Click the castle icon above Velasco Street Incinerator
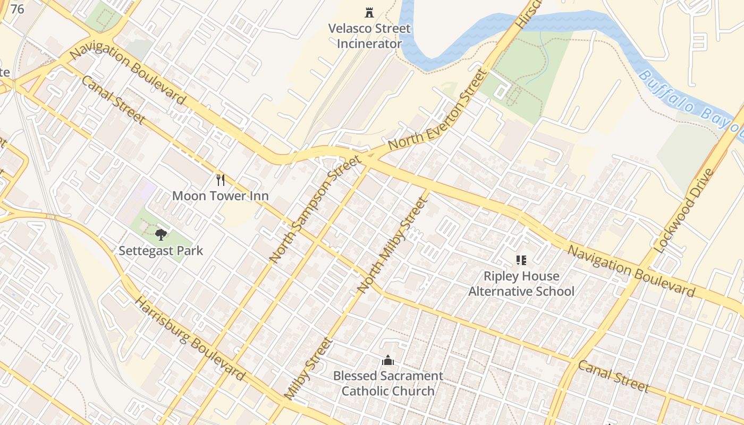click(x=369, y=12)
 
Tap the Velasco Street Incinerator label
click(x=369, y=36)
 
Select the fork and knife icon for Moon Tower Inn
click(x=221, y=180)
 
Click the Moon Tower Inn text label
click(x=220, y=196)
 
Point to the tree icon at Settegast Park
click(x=160, y=234)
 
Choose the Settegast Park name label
click(x=160, y=250)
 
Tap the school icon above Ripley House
click(x=521, y=260)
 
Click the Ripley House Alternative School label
click(x=521, y=284)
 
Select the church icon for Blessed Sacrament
click(x=388, y=360)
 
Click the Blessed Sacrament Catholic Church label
click(x=388, y=384)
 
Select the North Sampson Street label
click(x=315, y=208)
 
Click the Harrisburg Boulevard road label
click(x=190, y=339)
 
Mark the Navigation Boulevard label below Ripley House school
click(x=631, y=270)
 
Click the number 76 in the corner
click(x=17, y=9)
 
